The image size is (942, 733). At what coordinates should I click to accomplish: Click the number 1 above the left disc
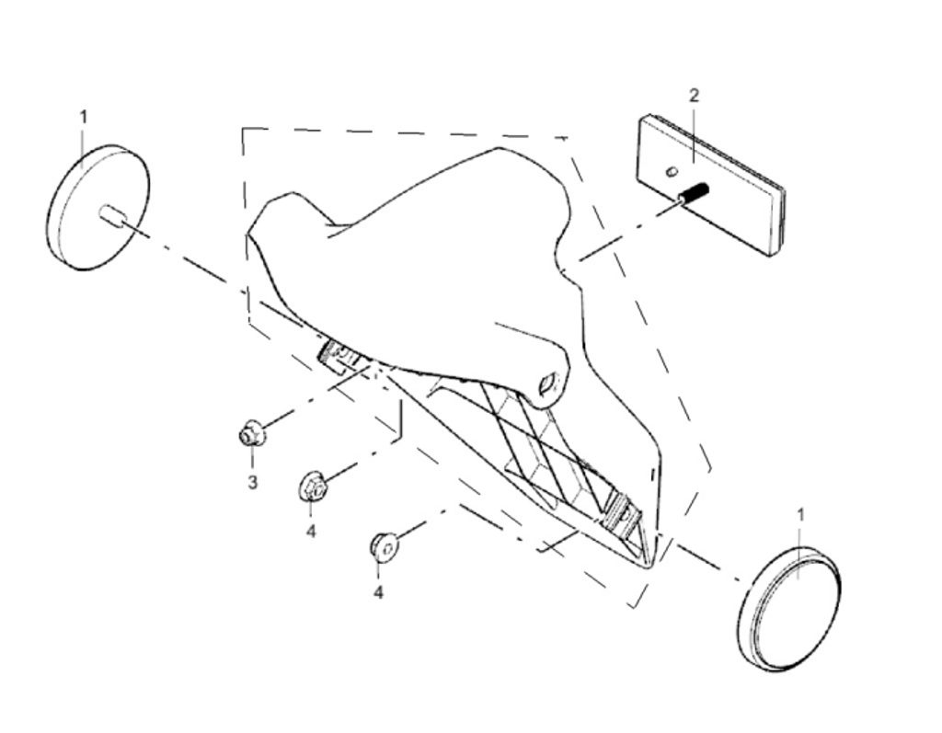[84, 117]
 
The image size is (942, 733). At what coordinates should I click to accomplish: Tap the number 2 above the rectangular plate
[695, 95]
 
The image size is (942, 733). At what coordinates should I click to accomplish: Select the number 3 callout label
[251, 482]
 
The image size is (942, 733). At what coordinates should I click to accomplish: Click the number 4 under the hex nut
[311, 532]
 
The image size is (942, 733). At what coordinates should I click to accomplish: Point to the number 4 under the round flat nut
[378, 593]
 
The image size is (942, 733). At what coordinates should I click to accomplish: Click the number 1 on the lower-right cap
[799, 514]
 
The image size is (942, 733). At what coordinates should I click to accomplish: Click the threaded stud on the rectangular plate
[693, 194]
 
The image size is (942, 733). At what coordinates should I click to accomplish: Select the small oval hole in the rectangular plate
[672, 170]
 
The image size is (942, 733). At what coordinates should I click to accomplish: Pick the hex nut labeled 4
[311, 486]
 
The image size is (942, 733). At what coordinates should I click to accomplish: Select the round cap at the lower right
[789, 609]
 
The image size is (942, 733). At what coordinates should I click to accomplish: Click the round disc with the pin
[97, 207]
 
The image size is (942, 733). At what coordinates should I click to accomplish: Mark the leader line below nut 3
[251, 459]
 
